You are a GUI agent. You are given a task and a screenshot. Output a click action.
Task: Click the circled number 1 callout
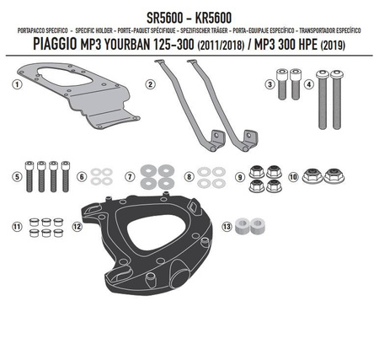click(16, 84)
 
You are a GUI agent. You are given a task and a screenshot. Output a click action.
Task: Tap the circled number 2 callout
click(149, 84)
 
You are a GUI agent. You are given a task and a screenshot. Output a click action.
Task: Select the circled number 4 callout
click(310, 84)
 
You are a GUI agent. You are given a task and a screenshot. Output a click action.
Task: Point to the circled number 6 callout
click(82, 177)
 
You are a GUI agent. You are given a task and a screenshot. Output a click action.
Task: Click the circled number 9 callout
click(240, 177)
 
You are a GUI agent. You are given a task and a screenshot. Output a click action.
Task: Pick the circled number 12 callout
click(76, 227)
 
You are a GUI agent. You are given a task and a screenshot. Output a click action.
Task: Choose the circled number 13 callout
click(226, 227)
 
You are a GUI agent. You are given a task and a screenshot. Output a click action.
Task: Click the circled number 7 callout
click(130, 177)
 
